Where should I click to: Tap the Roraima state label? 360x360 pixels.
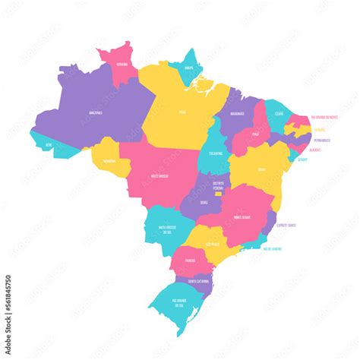click(121, 65)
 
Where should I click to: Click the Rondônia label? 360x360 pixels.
click(109, 161)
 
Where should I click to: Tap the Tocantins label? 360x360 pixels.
click(216, 152)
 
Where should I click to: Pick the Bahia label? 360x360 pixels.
click(261, 169)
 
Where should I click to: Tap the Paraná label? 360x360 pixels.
click(190, 258)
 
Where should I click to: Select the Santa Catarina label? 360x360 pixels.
click(199, 281)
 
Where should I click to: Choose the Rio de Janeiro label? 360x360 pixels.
click(272, 248)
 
